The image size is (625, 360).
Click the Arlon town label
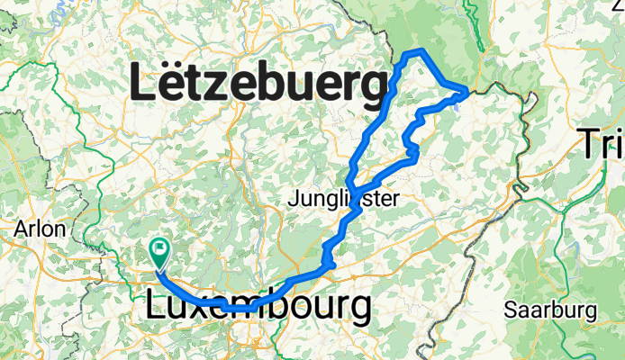40,229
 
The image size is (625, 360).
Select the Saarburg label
549,310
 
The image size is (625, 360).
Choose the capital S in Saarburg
509,310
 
